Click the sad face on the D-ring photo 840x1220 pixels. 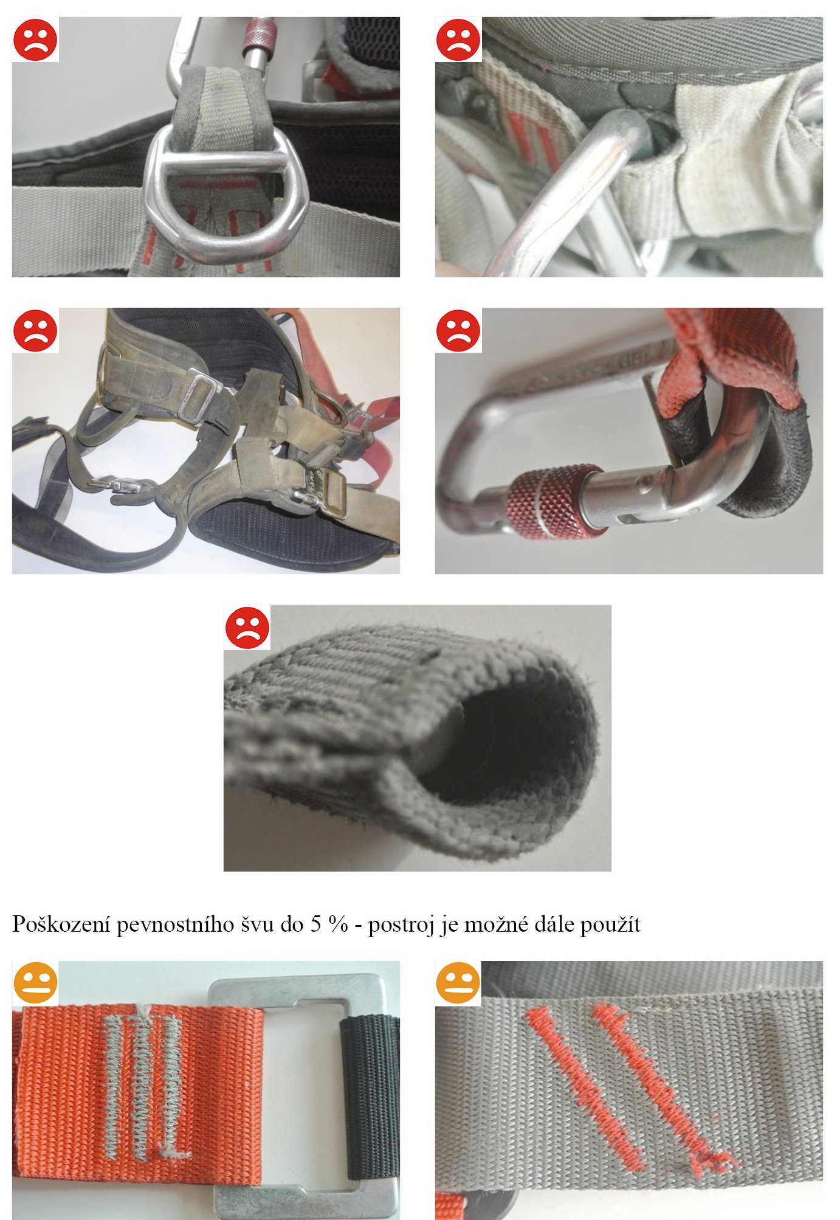pyautogui.click(x=35, y=40)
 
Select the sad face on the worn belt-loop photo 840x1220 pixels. pyautogui.click(x=458, y=40)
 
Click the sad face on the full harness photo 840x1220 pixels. pyautogui.click(x=35, y=330)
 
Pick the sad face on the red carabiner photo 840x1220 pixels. pyautogui.click(x=458, y=330)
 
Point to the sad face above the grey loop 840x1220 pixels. pyautogui.click(x=247, y=628)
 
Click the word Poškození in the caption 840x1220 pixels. pyautogui.click(x=61, y=925)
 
